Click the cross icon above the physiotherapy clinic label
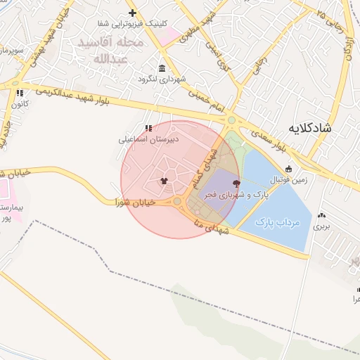(132, 13)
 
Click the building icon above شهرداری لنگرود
(162, 68)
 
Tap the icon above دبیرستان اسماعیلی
(148, 128)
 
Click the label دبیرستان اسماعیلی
(148, 139)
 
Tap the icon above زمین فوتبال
(288, 169)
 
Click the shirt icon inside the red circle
(164, 181)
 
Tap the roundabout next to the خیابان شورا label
(177, 202)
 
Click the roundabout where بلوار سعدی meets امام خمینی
(232, 121)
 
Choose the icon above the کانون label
(20, 92)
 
